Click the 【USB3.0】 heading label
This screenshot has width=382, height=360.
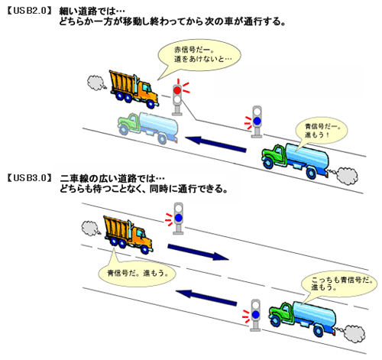29,177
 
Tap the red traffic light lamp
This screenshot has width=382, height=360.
177,90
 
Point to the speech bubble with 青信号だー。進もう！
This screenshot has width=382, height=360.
322,131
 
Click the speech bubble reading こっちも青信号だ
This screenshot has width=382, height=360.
339,284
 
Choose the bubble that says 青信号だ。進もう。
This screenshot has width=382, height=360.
137,273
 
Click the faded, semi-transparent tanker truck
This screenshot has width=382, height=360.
147,127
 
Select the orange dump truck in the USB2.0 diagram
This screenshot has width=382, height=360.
134,89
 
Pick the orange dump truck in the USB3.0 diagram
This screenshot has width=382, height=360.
128,235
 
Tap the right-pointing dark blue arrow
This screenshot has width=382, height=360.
198,251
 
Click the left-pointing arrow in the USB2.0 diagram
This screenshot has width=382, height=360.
215,144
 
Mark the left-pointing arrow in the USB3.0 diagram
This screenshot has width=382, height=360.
206,297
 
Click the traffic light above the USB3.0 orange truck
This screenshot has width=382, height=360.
178,219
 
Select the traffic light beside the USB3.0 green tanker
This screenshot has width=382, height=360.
255,316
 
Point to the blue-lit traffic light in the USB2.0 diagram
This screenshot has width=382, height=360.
257,122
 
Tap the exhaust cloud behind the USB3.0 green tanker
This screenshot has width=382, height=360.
354,334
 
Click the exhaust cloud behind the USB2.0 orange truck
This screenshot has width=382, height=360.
95,83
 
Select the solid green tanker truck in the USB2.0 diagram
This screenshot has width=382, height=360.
295,160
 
